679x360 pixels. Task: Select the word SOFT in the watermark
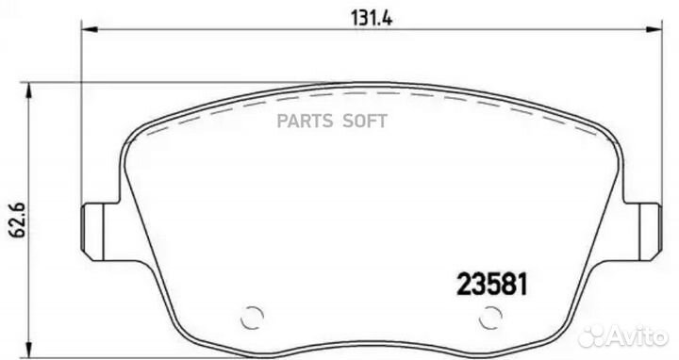[x=372, y=120]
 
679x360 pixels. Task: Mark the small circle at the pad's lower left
[x=252, y=318]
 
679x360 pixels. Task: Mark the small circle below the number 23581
[x=489, y=318]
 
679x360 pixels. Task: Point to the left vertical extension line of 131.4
[x=83, y=113]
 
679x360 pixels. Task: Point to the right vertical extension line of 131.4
[x=656, y=113]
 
